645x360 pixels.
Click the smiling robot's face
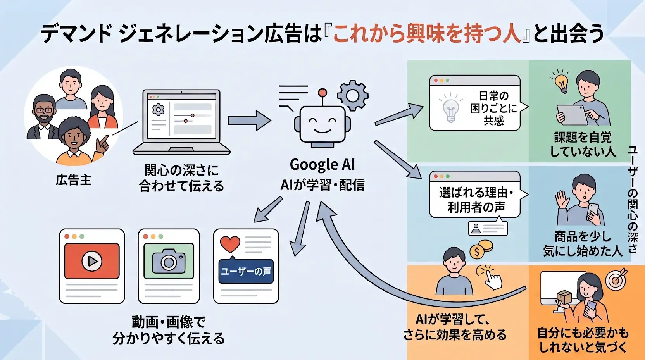(322, 125)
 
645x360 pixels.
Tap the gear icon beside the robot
(352, 96)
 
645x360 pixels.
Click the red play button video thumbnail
(92, 261)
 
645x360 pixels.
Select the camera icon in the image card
(169, 261)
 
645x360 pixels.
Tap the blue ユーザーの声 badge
(246, 271)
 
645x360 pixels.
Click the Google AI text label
(322, 165)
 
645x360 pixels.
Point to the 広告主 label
(74, 180)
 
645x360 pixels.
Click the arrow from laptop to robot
(249, 121)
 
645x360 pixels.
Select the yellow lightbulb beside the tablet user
(561, 82)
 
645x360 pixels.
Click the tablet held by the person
(572, 115)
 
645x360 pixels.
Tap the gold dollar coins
(481, 250)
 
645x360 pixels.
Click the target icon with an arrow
(616, 279)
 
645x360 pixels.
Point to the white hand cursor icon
(493, 277)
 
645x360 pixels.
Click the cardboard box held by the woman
(564, 297)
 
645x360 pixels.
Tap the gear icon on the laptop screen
(158, 110)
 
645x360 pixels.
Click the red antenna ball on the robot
(322, 93)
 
